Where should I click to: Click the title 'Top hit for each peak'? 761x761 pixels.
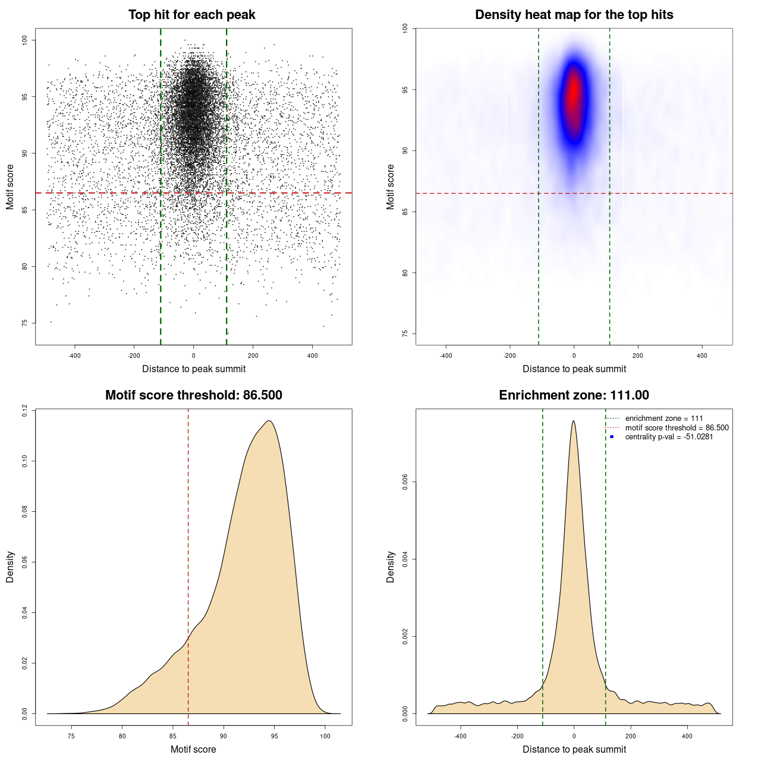click(x=192, y=15)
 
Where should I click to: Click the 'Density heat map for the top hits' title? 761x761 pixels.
click(x=574, y=15)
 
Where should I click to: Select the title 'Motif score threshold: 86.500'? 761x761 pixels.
click(x=193, y=395)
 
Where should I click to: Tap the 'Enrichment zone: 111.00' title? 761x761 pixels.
click(x=574, y=395)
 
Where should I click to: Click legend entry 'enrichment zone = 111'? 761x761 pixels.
click(x=663, y=419)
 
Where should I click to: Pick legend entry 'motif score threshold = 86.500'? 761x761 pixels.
click(x=677, y=428)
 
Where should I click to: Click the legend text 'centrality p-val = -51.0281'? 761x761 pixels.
click(x=669, y=437)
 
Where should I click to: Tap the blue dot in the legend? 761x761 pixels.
click(x=612, y=437)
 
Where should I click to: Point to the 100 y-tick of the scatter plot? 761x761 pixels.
click(x=25, y=40)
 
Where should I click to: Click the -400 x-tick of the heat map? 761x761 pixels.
click(x=446, y=356)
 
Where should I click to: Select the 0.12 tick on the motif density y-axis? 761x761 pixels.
click(x=25, y=410)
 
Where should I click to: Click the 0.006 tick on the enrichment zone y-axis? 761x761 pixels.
click(x=405, y=482)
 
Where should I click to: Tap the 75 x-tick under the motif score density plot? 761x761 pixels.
click(x=72, y=737)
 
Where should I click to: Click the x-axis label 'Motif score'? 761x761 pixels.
click(x=193, y=749)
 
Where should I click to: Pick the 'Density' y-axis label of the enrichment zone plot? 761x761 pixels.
click(x=391, y=567)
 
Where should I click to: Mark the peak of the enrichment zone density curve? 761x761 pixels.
click(x=573, y=421)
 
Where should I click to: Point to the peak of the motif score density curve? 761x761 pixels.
click(x=269, y=421)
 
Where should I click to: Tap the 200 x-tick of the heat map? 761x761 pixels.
click(x=638, y=356)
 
